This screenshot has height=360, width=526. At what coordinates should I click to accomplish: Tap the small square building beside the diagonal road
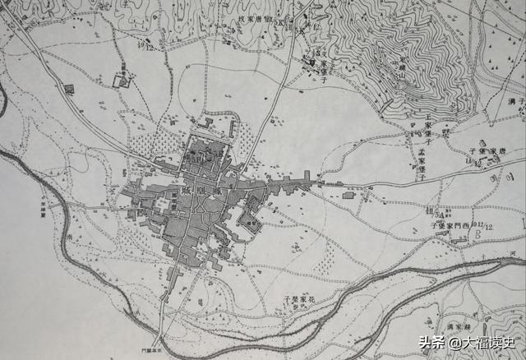(69, 88)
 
